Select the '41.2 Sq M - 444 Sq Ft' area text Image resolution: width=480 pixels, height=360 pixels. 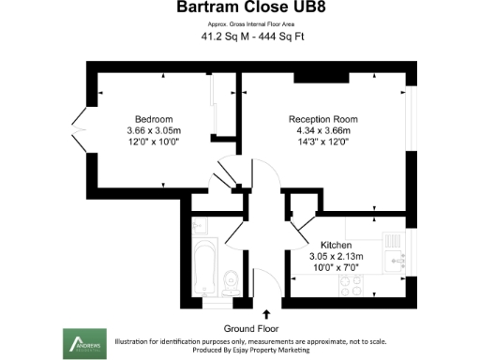240,37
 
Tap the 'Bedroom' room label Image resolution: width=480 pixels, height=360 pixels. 153,119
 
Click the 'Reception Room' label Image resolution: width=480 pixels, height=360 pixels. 323,119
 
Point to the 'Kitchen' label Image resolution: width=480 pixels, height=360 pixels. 336,243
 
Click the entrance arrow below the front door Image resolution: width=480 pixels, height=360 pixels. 266,314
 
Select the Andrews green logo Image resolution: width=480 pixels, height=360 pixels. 82,341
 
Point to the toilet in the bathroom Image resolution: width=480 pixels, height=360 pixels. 232,277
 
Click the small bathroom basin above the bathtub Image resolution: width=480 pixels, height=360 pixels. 200,226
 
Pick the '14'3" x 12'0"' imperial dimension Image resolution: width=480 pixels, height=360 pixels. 323,142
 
